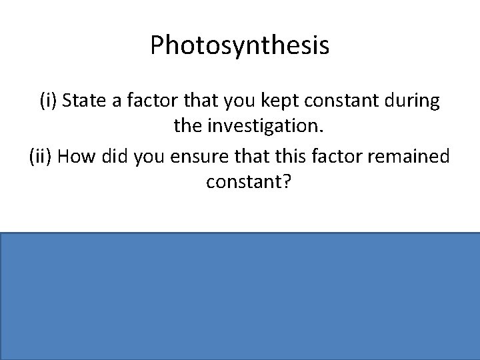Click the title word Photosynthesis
239,45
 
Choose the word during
409,102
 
